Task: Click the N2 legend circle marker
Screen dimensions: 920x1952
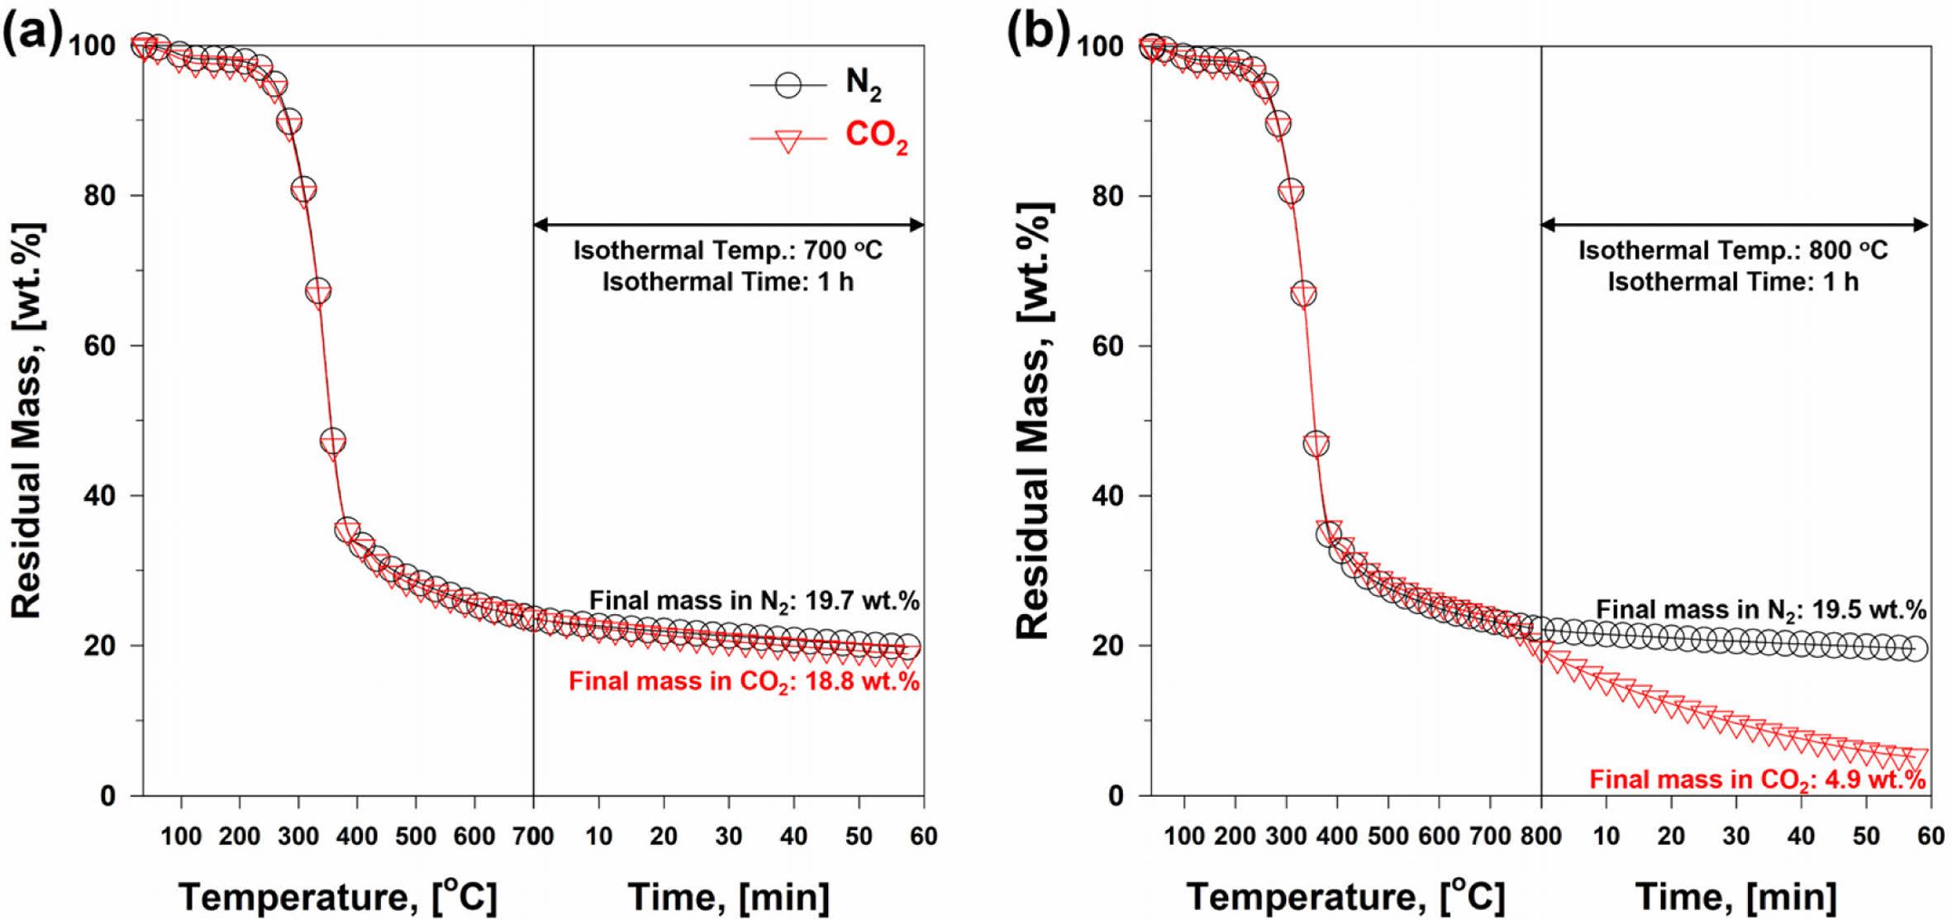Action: point(788,85)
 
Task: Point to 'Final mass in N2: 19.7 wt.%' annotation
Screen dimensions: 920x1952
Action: point(754,601)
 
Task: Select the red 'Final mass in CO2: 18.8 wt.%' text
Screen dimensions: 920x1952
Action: point(744,682)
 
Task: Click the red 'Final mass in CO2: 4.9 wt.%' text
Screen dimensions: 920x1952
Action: point(1757,779)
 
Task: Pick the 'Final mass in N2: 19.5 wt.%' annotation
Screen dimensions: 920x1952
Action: point(1760,610)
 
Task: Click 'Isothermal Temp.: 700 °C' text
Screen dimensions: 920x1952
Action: point(727,250)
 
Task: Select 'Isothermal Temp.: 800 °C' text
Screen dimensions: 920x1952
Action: point(1733,250)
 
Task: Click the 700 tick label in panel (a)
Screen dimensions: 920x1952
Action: point(533,837)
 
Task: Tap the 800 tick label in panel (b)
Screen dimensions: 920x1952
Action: point(1540,837)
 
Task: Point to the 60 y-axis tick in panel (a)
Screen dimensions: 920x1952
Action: point(100,346)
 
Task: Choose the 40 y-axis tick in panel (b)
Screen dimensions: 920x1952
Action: point(1107,496)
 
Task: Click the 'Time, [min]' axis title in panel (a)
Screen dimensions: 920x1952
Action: point(728,898)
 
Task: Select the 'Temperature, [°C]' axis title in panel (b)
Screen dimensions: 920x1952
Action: point(1345,898)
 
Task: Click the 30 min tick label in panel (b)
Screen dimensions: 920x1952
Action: point(1735,837)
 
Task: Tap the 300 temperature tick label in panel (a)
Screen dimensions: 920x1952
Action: point(298,837)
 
